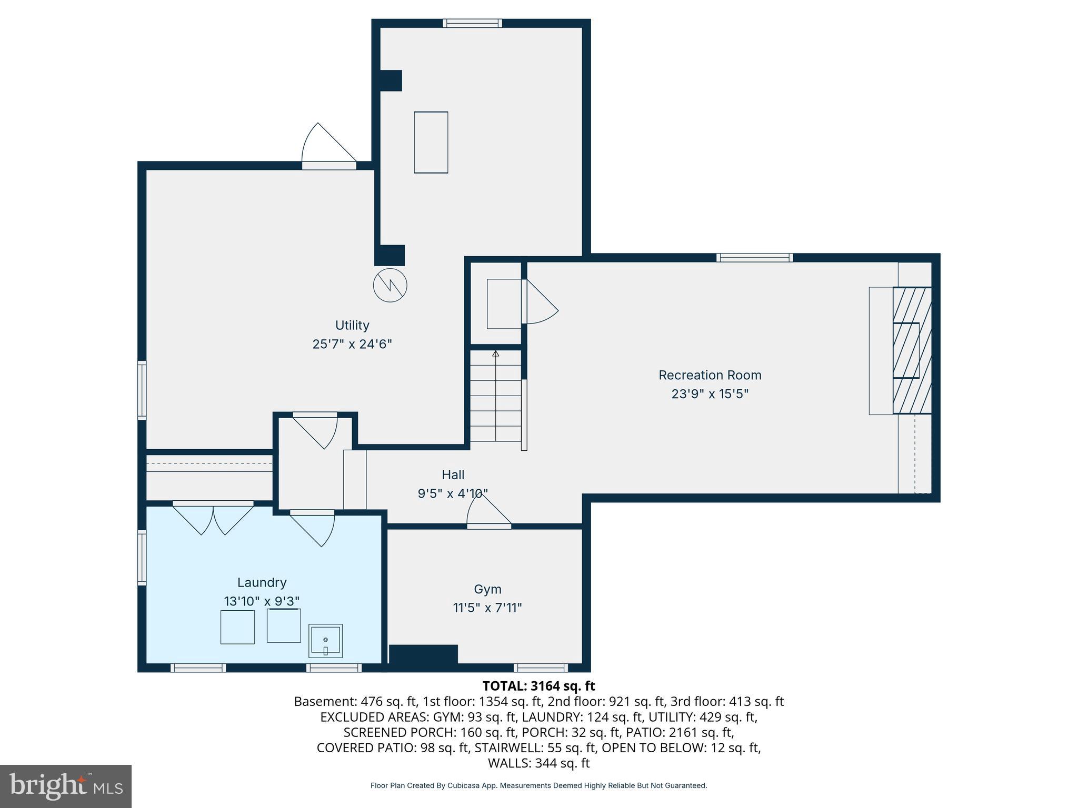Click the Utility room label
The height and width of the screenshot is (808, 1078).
tap(352, 325)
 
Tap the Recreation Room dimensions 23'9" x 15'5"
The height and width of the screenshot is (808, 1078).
tap(710, 394)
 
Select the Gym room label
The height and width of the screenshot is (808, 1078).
tap(487, 589)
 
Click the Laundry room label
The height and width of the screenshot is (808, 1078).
tap(262, 582)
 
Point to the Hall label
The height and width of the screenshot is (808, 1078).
tap(453, 475)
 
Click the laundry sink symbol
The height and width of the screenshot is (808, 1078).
tap(325, 641)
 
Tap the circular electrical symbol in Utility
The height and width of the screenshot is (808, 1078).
tap(390, 285)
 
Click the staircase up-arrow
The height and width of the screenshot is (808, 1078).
tap(495, 354)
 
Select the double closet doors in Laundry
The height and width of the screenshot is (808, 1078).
tap(213, 518)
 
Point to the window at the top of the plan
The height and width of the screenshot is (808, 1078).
tap(472, 23)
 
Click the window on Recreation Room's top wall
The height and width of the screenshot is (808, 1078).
tap(754, 258)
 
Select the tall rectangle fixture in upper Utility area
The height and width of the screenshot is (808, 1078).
tap(431, 142)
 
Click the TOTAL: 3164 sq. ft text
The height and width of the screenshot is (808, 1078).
tap(538, 686)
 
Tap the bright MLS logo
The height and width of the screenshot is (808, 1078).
tap(66, 786)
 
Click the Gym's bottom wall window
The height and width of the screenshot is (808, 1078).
tap(541, 668)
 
